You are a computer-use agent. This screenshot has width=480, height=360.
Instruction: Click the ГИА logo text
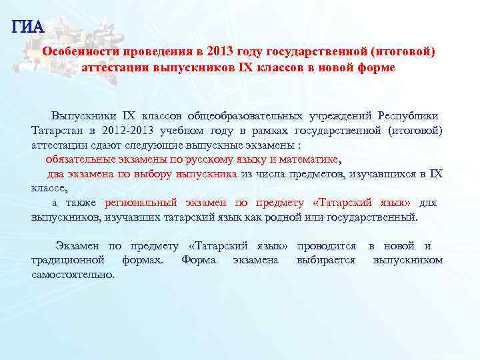27,27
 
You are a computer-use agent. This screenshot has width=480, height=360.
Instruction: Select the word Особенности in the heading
81,52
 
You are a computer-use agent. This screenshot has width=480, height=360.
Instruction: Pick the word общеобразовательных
246,115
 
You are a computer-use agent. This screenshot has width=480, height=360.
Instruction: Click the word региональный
141,203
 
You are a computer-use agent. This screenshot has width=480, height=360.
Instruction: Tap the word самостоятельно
73,275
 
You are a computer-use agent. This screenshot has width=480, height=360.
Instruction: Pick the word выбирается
326,260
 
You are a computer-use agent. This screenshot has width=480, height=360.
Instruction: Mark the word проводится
326,245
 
